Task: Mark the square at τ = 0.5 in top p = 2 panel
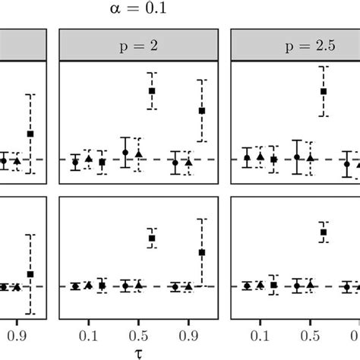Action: pos(151,91)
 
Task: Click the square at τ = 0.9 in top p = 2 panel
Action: pos(201,110)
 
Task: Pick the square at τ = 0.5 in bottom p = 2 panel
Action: pos(151,238)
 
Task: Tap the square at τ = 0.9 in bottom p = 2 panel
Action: pos(201,252)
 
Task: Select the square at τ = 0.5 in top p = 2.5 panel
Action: pos(323,91)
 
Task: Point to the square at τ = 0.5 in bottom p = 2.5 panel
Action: pos(323,232)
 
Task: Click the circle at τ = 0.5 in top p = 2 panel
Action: pos(125,153)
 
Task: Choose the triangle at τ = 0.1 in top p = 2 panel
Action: pos(88,159)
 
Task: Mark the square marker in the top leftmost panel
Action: pos(30,134)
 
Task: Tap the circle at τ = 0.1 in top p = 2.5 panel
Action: pos(247,158)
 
